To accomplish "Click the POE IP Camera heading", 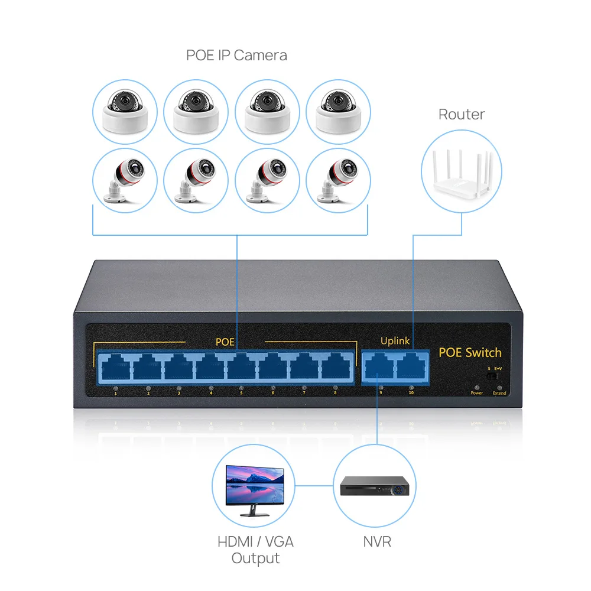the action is coord(236,56).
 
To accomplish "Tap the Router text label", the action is coord(462,114).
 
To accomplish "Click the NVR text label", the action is coord(377,541).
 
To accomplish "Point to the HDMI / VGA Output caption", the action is coord(255,549).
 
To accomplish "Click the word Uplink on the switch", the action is coord(395,341).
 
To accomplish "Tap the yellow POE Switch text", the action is coord(470,353).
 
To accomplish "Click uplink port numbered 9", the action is coord(380,367).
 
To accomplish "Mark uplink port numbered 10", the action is coord(412,367).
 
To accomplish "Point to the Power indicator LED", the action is coord(476,387).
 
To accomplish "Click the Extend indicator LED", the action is coord(499,387).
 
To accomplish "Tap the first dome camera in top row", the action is coord(125,111).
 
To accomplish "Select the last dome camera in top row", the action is coord(339,111).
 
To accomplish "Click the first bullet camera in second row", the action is coord(125,180).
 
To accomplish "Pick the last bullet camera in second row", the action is coord(339,180).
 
